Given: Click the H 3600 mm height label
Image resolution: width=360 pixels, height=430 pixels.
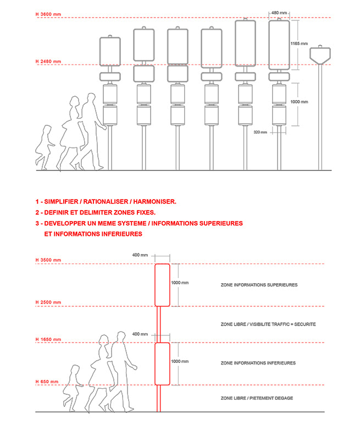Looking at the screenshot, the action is pos(48,14).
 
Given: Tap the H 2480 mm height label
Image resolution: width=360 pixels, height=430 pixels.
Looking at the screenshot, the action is pos(48,62).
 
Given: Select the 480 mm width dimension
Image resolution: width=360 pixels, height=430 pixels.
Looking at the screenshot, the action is pos(279,13).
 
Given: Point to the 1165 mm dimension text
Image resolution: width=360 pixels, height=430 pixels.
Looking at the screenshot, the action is pos(299,43).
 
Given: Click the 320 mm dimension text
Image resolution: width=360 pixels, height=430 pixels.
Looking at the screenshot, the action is pos(260,132).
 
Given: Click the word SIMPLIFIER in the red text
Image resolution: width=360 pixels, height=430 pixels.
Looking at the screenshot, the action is pos(61,202).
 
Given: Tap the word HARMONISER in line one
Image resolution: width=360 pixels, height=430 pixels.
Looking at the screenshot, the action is pos(154,202).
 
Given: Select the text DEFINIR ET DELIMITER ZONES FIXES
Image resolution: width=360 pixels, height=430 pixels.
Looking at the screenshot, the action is pos(100,213).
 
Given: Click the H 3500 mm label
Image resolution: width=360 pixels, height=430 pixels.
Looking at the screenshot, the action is pos(48,260).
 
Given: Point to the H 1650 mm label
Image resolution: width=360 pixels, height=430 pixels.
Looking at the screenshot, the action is pos(48,339).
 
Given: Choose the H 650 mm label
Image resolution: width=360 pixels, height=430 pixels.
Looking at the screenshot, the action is pos(47,382).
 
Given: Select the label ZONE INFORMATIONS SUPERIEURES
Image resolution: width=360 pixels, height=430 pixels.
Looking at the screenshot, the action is pos(259,285).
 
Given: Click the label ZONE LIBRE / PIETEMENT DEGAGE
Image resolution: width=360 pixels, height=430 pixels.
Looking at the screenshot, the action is pos(257,398).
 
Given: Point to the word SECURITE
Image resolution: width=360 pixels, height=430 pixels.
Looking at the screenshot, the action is pos(305,324).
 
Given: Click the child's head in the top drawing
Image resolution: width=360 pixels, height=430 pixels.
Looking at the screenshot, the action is pos(47,129).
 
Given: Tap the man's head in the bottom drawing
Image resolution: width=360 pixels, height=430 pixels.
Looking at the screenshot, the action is pos(121,336).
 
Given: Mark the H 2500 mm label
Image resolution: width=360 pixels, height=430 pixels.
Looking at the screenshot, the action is pos(48,302).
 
